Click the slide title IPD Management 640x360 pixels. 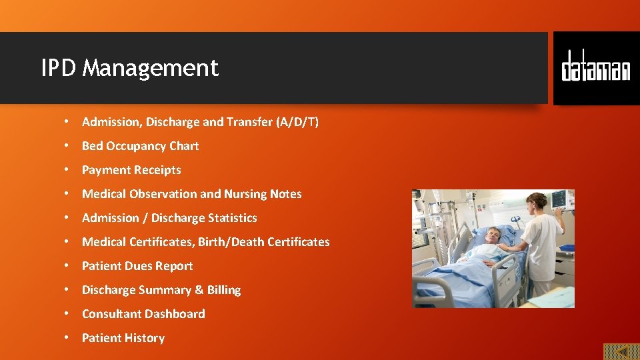[x=129, y=68]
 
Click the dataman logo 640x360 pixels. [x=595, y=67]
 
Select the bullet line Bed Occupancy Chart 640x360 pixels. [x=140, y=146]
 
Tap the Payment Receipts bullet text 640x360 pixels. [x=131, y=170]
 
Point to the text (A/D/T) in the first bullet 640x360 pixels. [x=297, y=122]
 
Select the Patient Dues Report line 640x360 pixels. [x=137, y=266]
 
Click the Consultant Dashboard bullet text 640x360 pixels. [x=143, y=314]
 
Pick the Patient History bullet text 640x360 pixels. [x=123, y=338]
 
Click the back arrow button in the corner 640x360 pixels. [x=621, y=351]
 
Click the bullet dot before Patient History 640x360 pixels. [x=67, y=338]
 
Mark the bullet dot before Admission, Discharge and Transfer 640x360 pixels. [x=67, y=122]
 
